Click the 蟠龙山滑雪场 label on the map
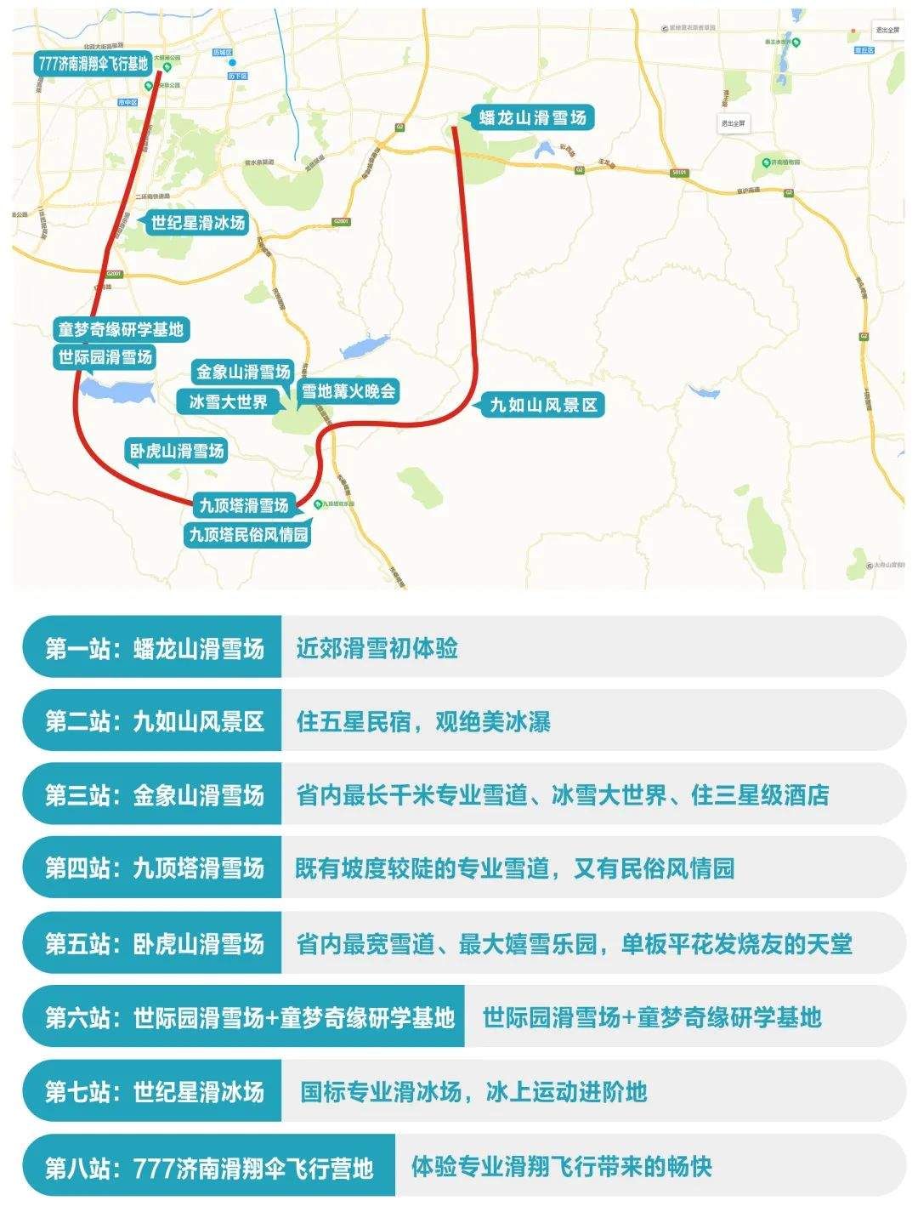[532, 117]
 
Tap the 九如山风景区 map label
[544, 405]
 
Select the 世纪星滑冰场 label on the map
[197, 223]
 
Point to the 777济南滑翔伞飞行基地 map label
[93, 64]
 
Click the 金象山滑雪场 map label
[243, 372]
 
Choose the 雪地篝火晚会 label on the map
[348, 391]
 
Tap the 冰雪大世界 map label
[228, 402]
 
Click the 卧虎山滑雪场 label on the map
[177, 451]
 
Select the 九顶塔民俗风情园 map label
[248, 535]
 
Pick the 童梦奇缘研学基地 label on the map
[120, 329]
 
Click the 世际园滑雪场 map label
[105, 357]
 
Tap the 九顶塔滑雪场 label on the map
[244, 505]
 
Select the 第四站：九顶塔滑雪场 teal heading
[155, 868]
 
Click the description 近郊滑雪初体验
[377, 649]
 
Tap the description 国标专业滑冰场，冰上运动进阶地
[473, 1092]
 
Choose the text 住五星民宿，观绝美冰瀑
[423, 722]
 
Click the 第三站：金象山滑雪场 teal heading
[155, 795]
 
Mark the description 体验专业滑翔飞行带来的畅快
[561, 1166]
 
